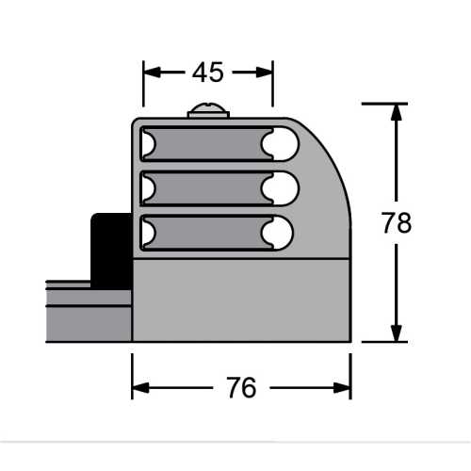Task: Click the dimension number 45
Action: click(x=207, y=72)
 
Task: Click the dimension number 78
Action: click(x=397, y=223)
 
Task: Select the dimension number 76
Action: click(x=241, y=387)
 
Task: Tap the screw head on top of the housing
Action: click(x=208, y=112)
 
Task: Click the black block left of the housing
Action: click(x=110, y=250)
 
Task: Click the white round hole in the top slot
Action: click(x=280, y=143)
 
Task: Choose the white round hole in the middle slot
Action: click(x=280, y=187)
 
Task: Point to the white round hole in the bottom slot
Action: click(x=280, y=232)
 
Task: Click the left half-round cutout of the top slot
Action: click(x=146, y=143)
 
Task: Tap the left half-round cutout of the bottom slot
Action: click(x=146, y=232)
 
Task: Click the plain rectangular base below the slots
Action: click(x=240, y=299)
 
